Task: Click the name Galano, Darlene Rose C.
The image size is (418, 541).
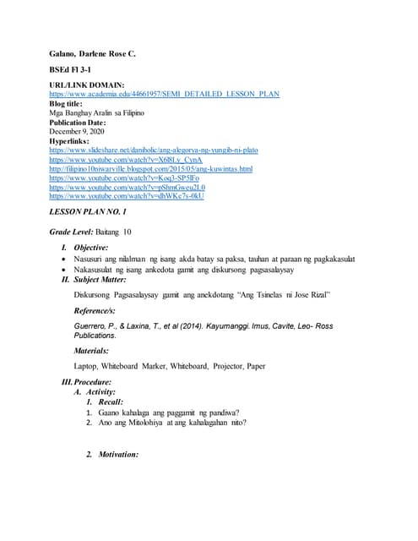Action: pos(92,53)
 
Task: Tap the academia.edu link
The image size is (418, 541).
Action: pos(165,94)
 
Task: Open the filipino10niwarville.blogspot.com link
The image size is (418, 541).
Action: pos(151,168)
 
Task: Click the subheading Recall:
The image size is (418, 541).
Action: pos(111,402)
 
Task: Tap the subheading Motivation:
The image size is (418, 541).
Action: pos(117,454)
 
